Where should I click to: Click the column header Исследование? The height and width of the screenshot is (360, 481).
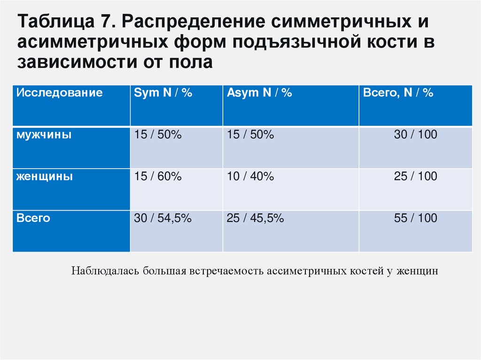point(60,93)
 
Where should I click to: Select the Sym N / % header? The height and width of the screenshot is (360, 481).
point(163,93)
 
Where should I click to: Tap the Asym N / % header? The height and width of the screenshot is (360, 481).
point(259,93)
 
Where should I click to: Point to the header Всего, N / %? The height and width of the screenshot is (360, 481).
point(398,93)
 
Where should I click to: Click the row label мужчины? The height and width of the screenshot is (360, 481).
point(44,135)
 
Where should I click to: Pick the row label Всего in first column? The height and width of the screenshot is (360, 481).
point(33,218)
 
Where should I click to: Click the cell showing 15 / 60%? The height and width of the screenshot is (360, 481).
point(157,177)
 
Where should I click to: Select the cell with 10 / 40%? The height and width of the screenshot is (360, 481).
point(250,177)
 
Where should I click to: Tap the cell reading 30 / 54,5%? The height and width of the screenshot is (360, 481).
point(163,218)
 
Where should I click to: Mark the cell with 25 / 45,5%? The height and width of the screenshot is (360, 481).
point(255,218)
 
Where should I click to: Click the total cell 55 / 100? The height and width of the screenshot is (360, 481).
point(415,218)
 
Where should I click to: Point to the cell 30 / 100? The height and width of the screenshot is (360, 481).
point(415,135)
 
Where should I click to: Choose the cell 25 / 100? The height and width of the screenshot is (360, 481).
point(415,177)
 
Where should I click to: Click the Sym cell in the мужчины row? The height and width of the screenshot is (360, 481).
point(157,135)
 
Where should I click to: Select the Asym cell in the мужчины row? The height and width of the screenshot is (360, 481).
point(250,135)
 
